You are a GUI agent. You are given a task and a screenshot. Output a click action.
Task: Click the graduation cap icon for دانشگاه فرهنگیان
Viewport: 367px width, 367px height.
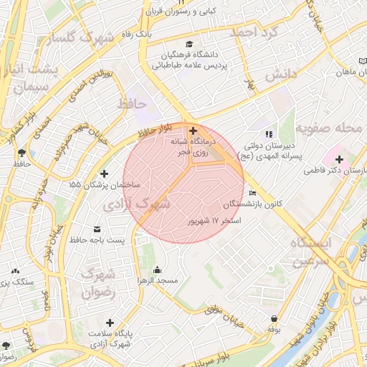(x=189, y=44)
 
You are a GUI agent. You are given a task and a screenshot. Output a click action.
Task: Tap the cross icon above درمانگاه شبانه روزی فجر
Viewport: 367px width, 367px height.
(x=192, y=130)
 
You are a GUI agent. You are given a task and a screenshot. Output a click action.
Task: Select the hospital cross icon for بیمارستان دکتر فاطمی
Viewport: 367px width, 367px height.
(x=339, y=159)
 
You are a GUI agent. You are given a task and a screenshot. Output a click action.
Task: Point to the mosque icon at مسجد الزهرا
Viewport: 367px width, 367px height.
(x=157, y=270)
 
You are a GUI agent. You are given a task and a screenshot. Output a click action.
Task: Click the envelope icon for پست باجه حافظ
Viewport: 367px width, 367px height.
(x=97, y=229)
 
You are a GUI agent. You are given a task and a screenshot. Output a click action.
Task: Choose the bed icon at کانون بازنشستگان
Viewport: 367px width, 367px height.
(x=252, y=194)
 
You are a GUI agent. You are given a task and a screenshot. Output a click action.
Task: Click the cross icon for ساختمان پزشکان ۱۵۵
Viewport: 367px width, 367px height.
(x=105, y=173)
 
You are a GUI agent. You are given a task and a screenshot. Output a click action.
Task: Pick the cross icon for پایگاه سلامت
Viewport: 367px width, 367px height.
(x=109, y=323)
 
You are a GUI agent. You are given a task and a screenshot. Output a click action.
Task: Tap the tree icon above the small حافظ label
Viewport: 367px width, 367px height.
(x=22, y=153)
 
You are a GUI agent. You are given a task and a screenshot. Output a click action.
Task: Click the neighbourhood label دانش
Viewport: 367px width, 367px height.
(x=280, y=75)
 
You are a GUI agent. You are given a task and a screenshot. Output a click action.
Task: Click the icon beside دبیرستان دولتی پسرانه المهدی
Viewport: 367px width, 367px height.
(x=269, y=133)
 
